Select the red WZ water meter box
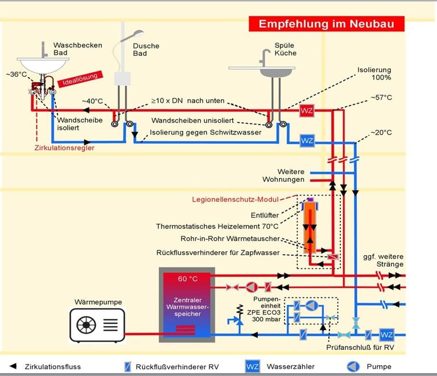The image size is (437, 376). pyautogui.click(x=307, y=111)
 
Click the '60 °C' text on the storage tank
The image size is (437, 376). pyautogui.click(x=187, y=279)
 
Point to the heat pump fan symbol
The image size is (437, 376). pyautogui.click(x=87, y=325)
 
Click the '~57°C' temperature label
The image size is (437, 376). pyautogui.click(x=381, y=98)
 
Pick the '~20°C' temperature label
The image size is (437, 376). pyautogui.click(x=381, y=133)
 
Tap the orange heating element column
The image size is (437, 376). pyautogui.click(x=310, y=228)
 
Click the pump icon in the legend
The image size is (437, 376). pyautogui.click(x=352, y=366)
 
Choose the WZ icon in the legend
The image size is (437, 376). pyautogui.click(x=253, y=366)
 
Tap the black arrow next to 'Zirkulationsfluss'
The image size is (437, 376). pyautogui.click(x=13, y=366)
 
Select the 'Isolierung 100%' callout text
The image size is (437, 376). pyautogui.click(x=374, y=73)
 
